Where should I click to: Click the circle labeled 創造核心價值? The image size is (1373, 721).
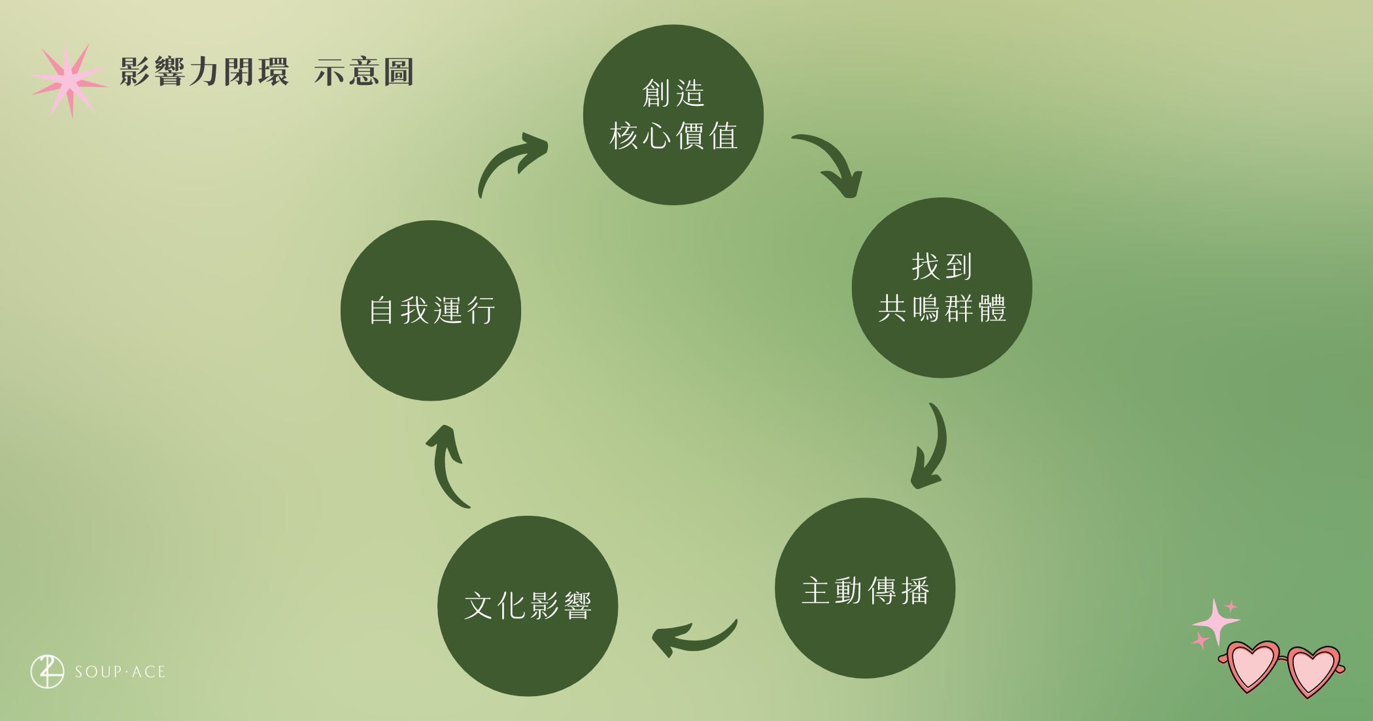pyautogui.click(x=673, y=115)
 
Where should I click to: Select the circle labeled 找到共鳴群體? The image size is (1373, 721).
pyautogui.click(x=941, y=288)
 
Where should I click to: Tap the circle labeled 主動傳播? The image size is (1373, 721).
pyautogui.click(x=865, y=588)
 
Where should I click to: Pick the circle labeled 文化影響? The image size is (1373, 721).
pyautogui.click(x=528, y=606)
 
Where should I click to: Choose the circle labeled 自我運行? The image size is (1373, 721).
pyautogui.click(x=431, y=310)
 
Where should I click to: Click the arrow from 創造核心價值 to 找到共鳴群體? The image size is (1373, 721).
pyautogui.click(x=834, y=163)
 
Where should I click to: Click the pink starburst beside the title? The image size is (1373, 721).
pyautogui.click(x=70, y=80)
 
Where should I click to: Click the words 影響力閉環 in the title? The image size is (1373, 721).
pyautogui.click(x=204, y=72)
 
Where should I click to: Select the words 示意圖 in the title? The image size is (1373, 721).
pyautogui.click(x=364, y=72)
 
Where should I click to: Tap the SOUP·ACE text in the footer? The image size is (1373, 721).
pyautogui.click(x=120, y=672)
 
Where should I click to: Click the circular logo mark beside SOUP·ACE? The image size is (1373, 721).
pyautogui.click(x=47, y=671)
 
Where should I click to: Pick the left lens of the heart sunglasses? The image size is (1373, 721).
pyautogui.click(x=1251, y=667)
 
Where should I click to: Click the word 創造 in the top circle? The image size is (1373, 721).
pyautogui.click(x=673, y=93)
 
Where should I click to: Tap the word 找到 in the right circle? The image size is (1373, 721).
pyautogui.click(x=941, y=266)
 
